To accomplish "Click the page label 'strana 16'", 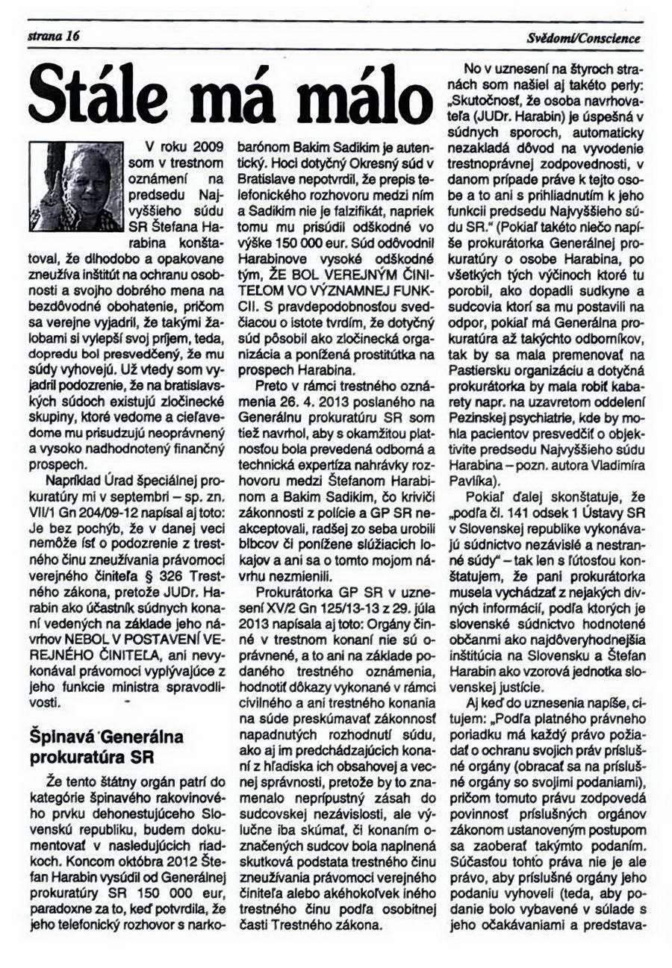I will click(x=53, y=37).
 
